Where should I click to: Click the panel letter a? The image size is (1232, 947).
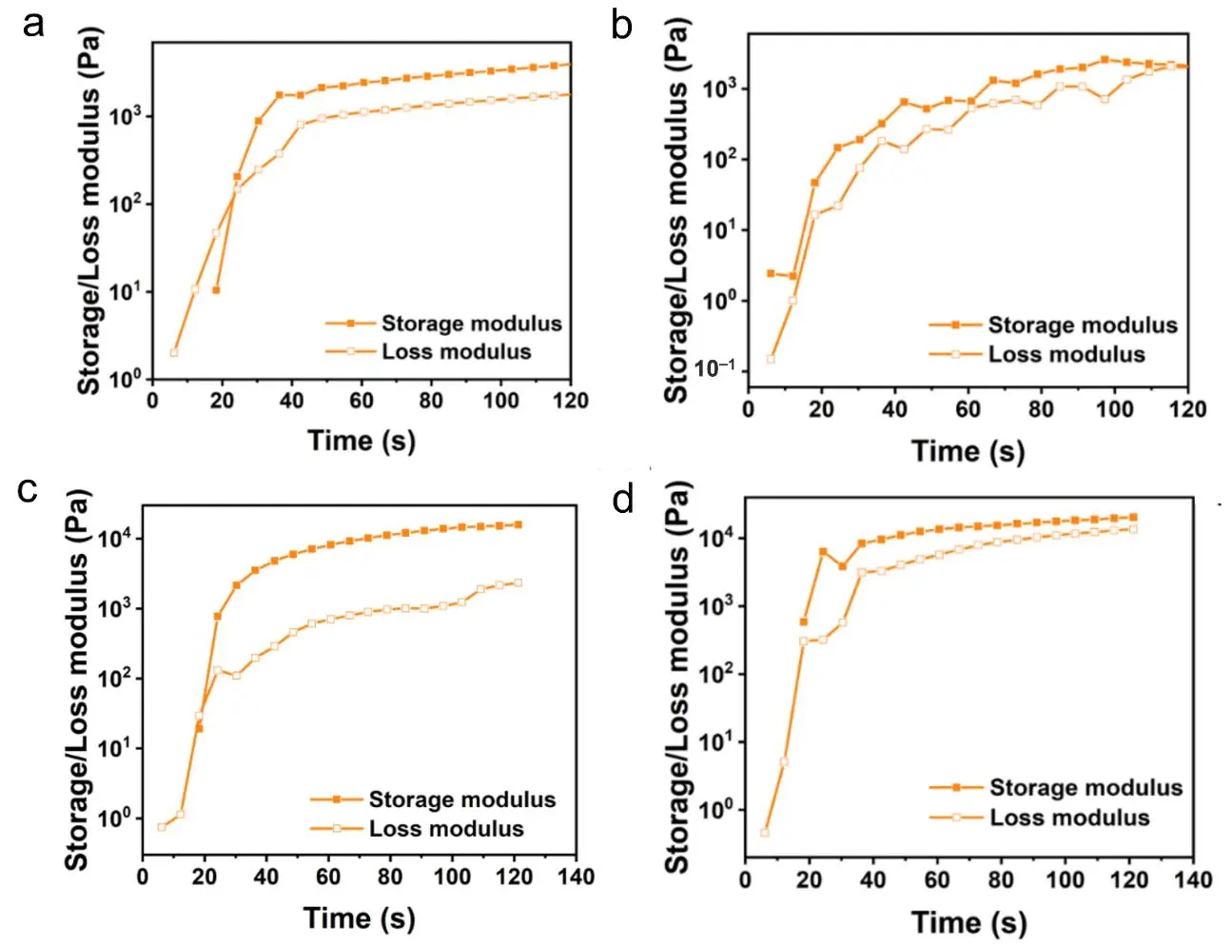(33, 24)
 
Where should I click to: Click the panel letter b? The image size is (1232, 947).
(621, 26)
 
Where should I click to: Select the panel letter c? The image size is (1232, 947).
(29, 489)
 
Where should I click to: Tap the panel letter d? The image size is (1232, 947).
(623, 499)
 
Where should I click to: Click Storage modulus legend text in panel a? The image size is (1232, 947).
(472, 324)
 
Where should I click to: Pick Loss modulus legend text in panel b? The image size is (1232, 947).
(1066, 354)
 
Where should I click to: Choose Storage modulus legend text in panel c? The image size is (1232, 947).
(462, 799)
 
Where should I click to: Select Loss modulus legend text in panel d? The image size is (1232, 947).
(1069, 818)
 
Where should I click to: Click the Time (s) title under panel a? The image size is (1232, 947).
(361, 441)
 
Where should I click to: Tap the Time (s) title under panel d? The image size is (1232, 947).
(968, 922)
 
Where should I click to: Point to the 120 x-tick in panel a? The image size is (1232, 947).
(571, 401)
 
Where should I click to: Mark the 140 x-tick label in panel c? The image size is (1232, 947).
(576, 877)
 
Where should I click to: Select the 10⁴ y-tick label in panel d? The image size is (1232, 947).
(718, 538)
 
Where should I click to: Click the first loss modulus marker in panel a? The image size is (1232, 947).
(174, 352)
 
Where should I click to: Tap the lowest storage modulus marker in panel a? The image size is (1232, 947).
(216, 290)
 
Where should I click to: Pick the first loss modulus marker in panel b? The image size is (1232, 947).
(771, 359)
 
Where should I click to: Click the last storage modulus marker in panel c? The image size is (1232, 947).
(518, 524)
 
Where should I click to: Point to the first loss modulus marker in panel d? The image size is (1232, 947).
(765, 833)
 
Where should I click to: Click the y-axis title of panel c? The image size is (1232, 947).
(76, 680)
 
